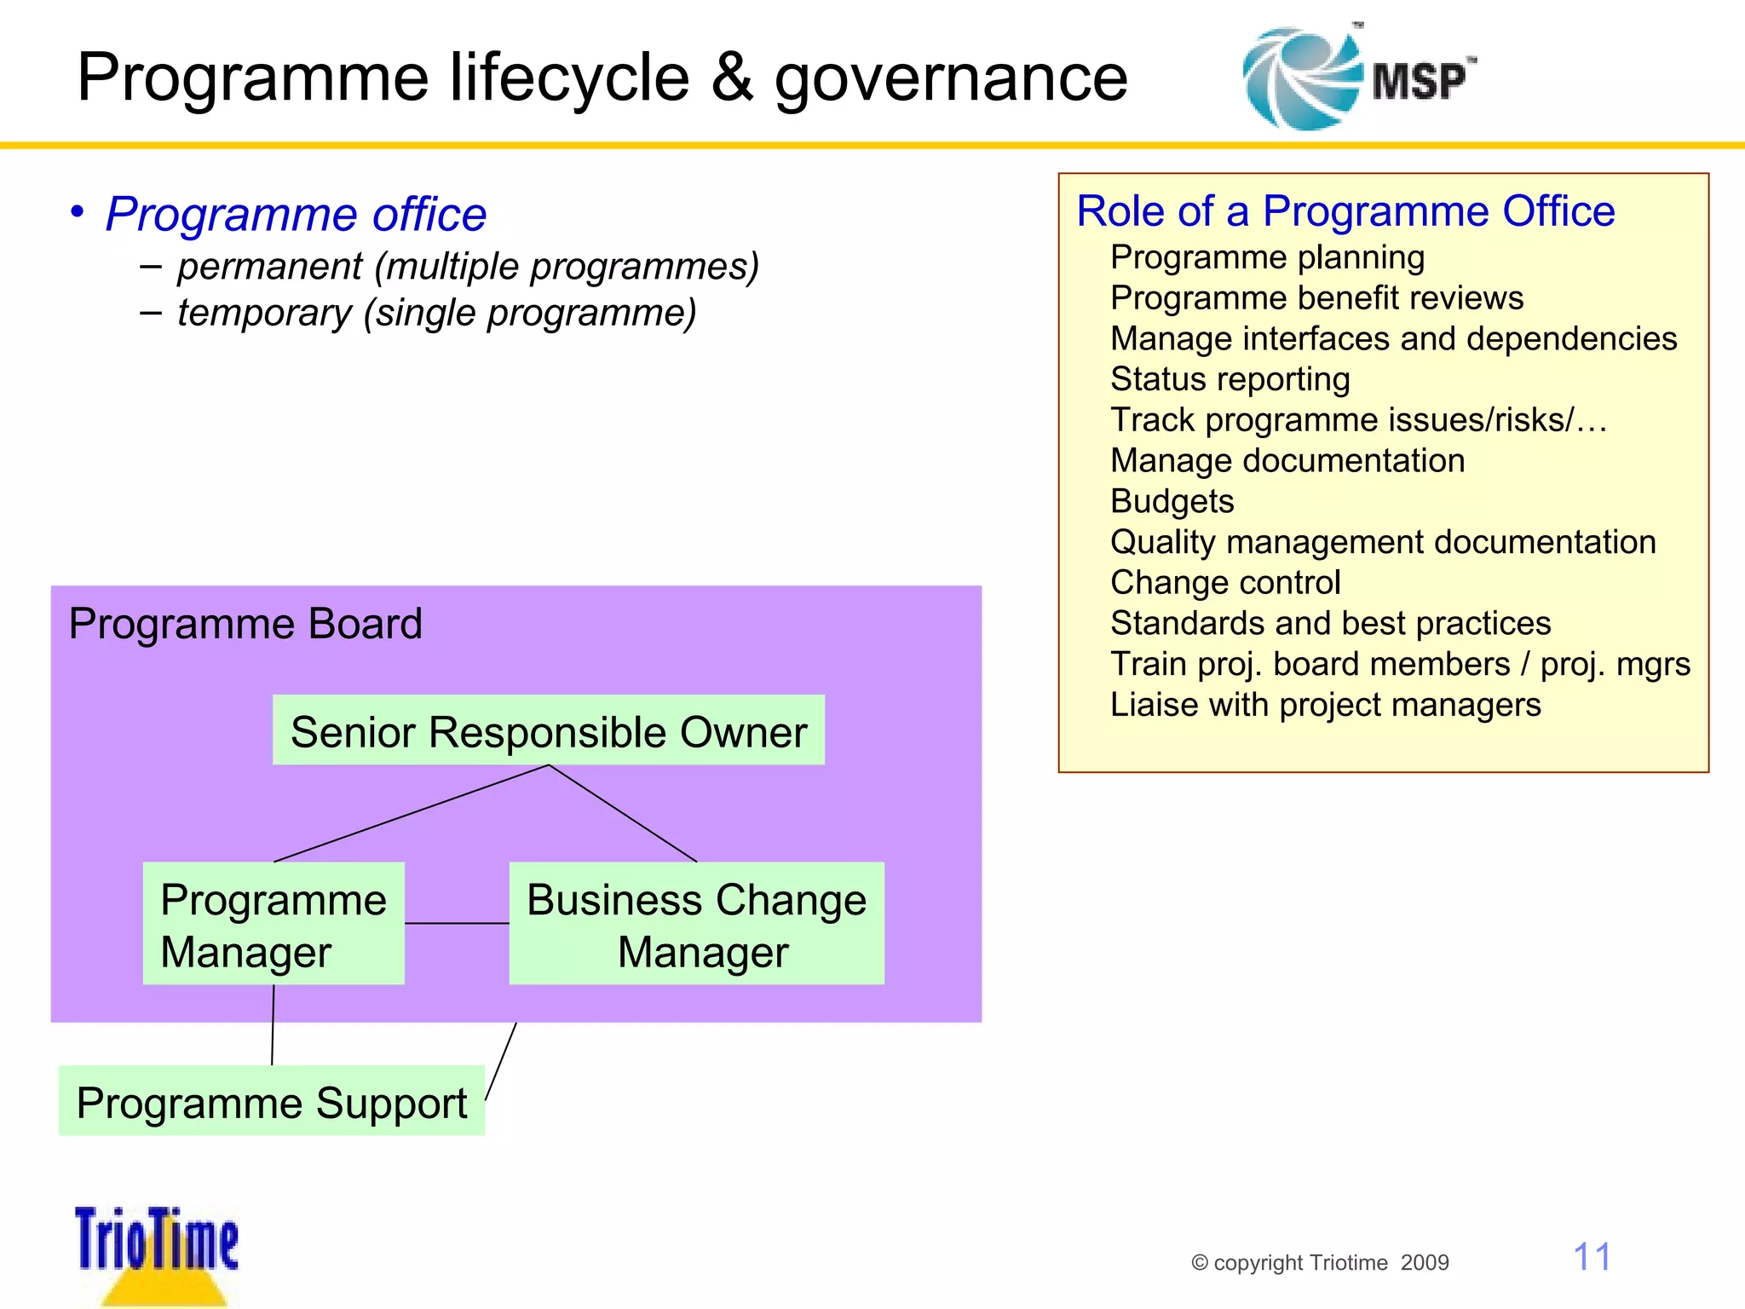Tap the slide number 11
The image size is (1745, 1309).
pyautogui.click(x=1591, y=1257)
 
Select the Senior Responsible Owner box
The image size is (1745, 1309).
pyautogui.click(x=548, y=731)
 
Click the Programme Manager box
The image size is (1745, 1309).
pyautogui.click(x=274, y=925)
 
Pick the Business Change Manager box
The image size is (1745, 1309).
pyautogui.click(x=696, y=925)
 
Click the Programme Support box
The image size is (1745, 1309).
pyautogui.click(x=271, y=1102)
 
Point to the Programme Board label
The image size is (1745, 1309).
pyautogui.click(x=245, y=624)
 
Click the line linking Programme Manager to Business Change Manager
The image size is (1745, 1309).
pyautogui.click(x=457, y=923)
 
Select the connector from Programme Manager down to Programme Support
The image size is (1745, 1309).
pyautogui.click(x=273, y=1025)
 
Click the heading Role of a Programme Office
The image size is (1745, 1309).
pyautogui.click(x=1345, y=210)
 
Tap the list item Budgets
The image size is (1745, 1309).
pyautogui.click(x=1172, y=501)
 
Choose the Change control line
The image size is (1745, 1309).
pyautogui.click(x=1225, y=583)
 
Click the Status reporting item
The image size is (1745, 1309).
pyautogui.click(x=1230, y=379)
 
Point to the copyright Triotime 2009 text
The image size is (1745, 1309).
pyautogui.click(x=1319, y=1262)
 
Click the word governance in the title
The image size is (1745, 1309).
pyautogui.click(x=950, y=78)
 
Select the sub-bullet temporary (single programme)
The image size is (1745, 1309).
pyautogui.click(x=436, y=313)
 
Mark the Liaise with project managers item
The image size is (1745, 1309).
pyautogui.click(x=1325, y=705)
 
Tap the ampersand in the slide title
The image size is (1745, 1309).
pyautogui.click(x=732, y=78)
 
